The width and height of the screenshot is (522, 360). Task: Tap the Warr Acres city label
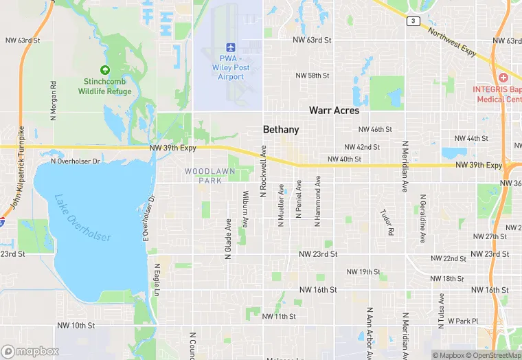click(x=334, y=110)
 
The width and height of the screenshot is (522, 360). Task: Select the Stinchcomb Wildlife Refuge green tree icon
click(x=104, y=69)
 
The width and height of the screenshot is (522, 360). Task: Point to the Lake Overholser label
click(x=82, y=218)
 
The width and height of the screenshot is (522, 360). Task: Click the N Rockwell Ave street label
click(x=262, y=172)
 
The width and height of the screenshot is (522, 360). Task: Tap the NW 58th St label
click(x=313, y=75)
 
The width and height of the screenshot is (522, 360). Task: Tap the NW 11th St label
click(x=279, y=317)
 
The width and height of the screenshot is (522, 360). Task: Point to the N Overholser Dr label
click(x=76, y=161)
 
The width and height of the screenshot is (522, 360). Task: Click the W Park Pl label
click(x=462, y=321)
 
